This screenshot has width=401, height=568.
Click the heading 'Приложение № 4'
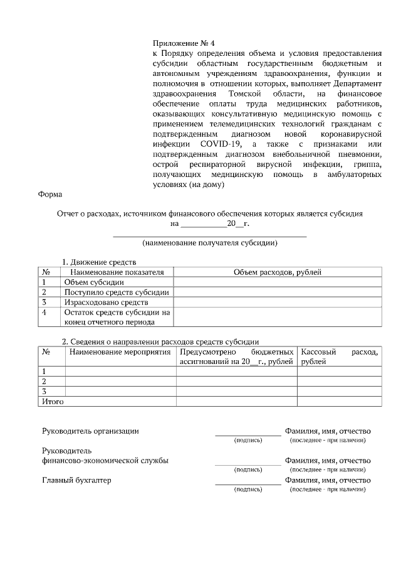(x=184, y=43)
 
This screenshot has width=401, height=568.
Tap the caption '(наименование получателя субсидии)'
(x=209, y=242)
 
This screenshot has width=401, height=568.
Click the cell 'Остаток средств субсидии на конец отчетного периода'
(x=116, y=317)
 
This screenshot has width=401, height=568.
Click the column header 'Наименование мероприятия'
(x=120, y=352)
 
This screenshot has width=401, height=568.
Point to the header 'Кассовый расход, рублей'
(x=339, y=357)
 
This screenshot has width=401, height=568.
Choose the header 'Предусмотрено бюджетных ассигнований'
(x=236, y=357)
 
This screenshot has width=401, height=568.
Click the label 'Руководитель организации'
(x=90, y=431)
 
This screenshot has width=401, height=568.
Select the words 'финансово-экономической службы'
(x=105, y=461)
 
